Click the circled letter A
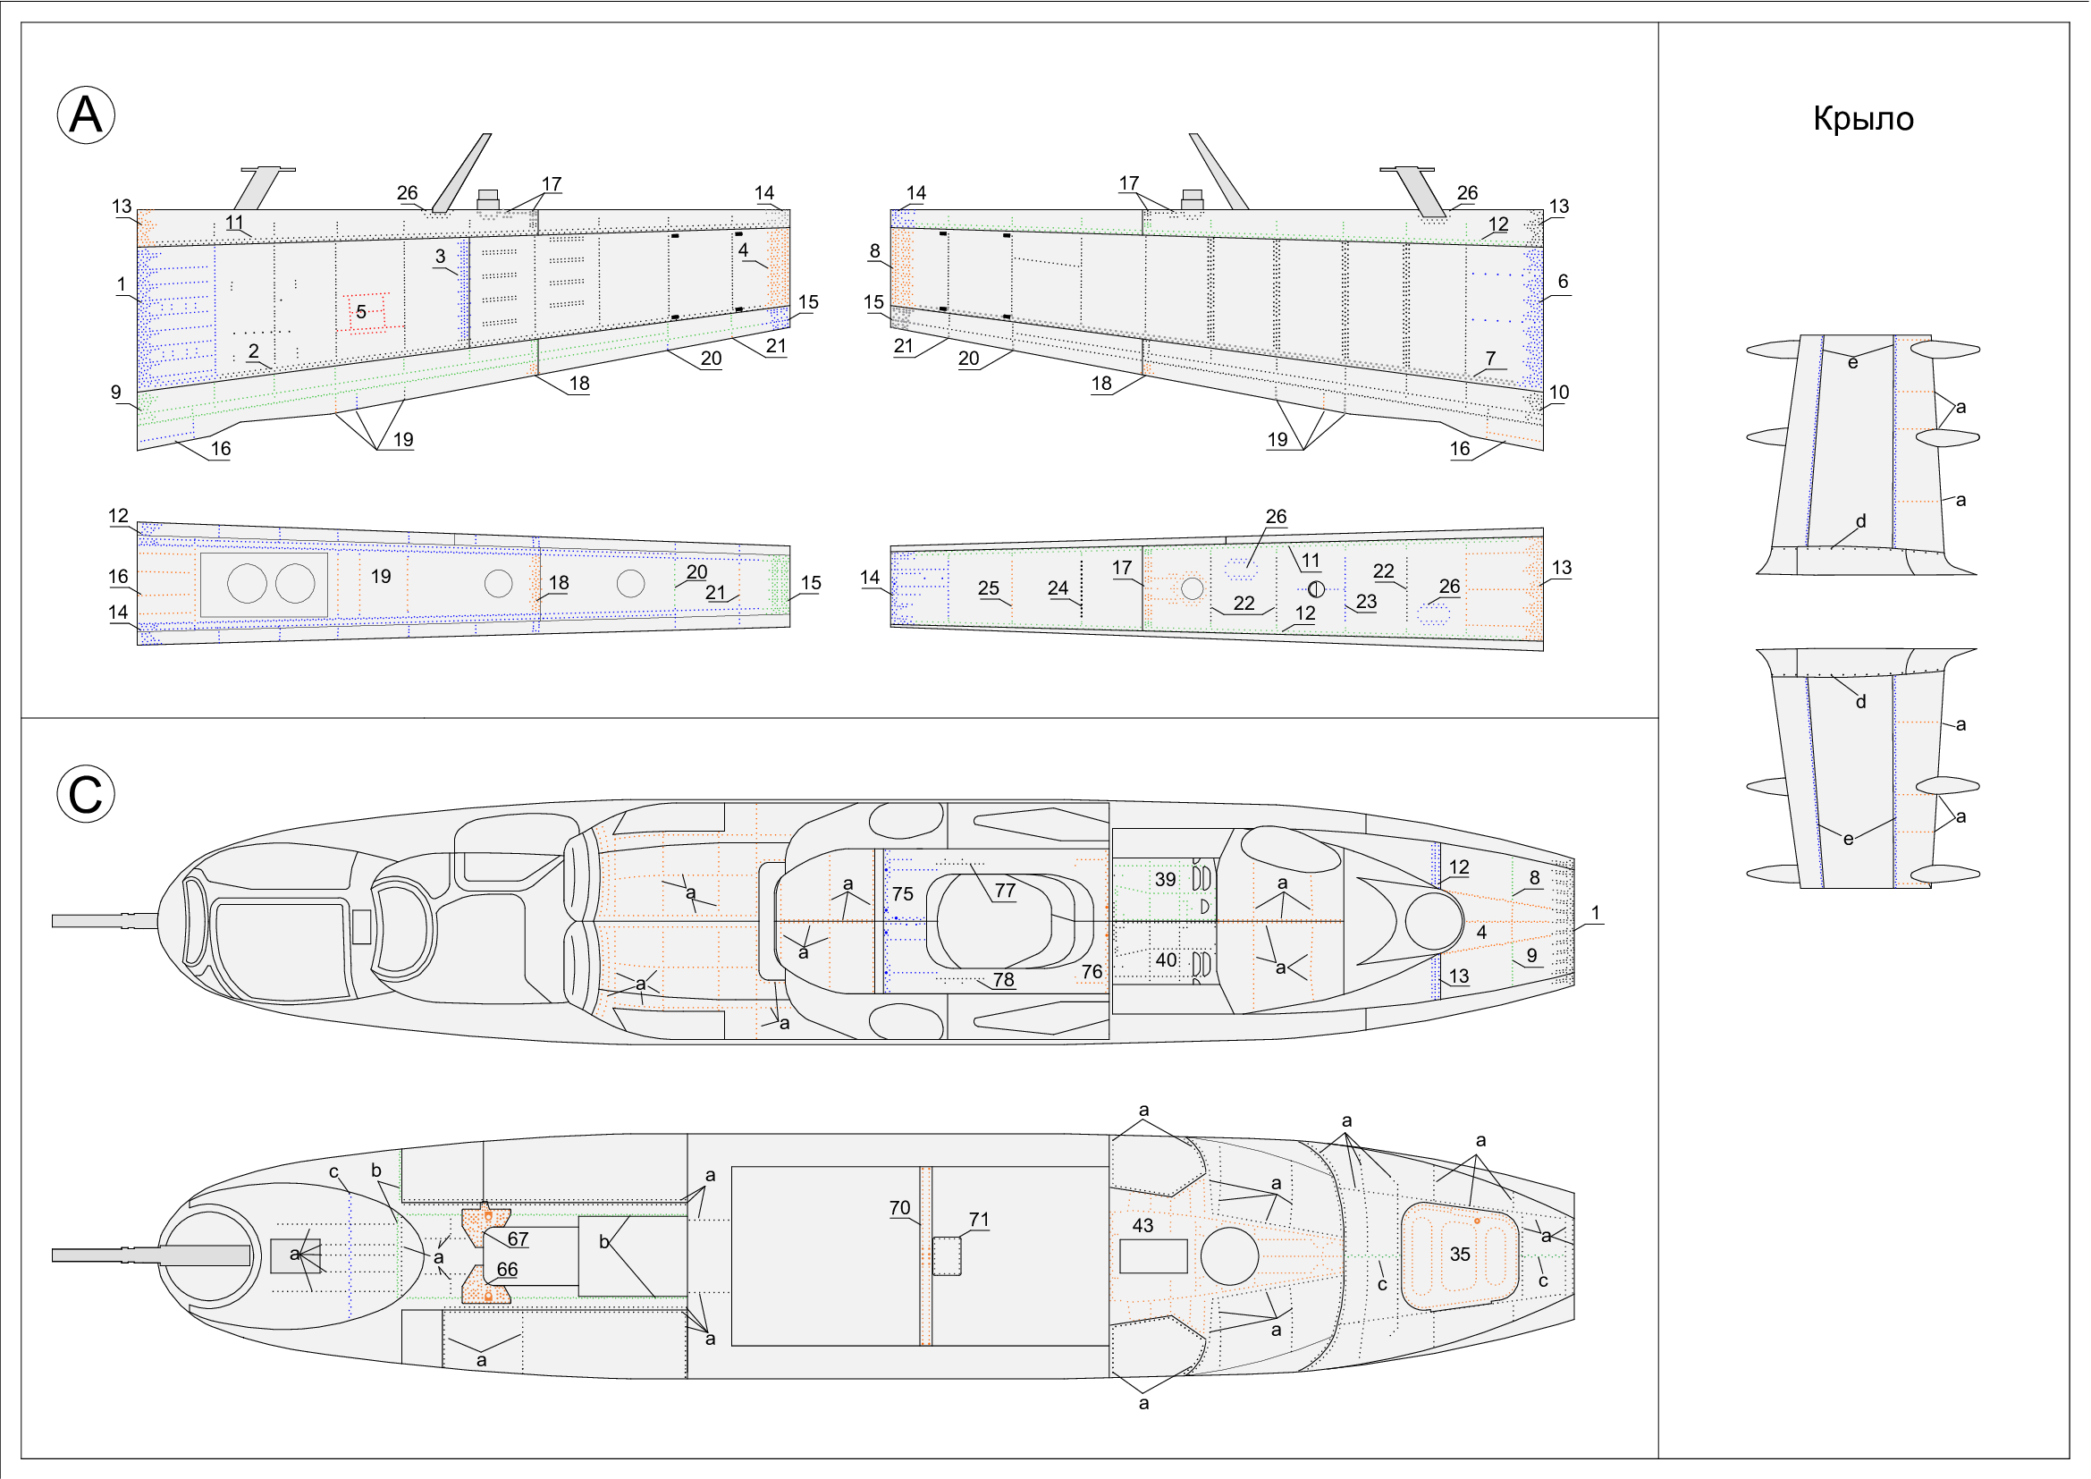tap(86, 115)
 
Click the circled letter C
tap(86, 794)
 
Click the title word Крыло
tap(1863, 119)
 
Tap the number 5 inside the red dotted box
tap(360, 312)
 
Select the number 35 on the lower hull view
tap(1460, 1255)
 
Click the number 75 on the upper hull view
tap(903, 894)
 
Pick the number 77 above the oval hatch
tap(1005, 891)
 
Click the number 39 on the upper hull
tap(1165, 880)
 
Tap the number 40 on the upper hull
tap(1166, 959)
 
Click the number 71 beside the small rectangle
tap(978, 1220)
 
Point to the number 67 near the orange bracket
tap(518, 1239)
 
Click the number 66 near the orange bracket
tap(506, 1270)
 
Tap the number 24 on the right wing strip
tap(1058, 588)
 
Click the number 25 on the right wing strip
tap(988, 588)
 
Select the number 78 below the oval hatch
tap(1003, 980)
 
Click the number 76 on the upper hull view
tap(1091, 972)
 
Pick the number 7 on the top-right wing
tap(1490, 359)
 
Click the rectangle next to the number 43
tap(1153, 1256)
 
